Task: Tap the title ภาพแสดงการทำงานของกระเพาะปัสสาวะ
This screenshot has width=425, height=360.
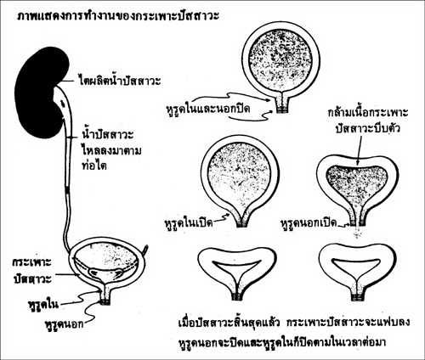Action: (118, 16)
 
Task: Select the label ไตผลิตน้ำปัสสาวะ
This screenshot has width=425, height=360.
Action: (119, 81)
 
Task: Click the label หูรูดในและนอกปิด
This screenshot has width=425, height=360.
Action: (208, 109)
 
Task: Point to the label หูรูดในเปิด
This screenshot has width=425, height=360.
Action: (189, 223)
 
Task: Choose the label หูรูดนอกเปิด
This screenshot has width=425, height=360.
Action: (309, 223)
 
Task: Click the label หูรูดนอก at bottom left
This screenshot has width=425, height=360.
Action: (65, 323)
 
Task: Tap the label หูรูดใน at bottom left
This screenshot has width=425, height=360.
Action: (43, 304)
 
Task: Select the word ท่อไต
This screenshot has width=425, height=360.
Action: (93, 166)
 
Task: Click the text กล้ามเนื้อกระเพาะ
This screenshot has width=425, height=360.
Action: (368, 112)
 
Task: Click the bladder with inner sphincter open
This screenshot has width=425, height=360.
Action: (241, 181)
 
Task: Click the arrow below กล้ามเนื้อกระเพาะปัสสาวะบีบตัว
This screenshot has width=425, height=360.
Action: (360, 150)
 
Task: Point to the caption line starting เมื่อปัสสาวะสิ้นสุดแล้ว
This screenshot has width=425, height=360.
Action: (294, 323)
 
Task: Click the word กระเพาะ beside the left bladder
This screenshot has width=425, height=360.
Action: (31, 262)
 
